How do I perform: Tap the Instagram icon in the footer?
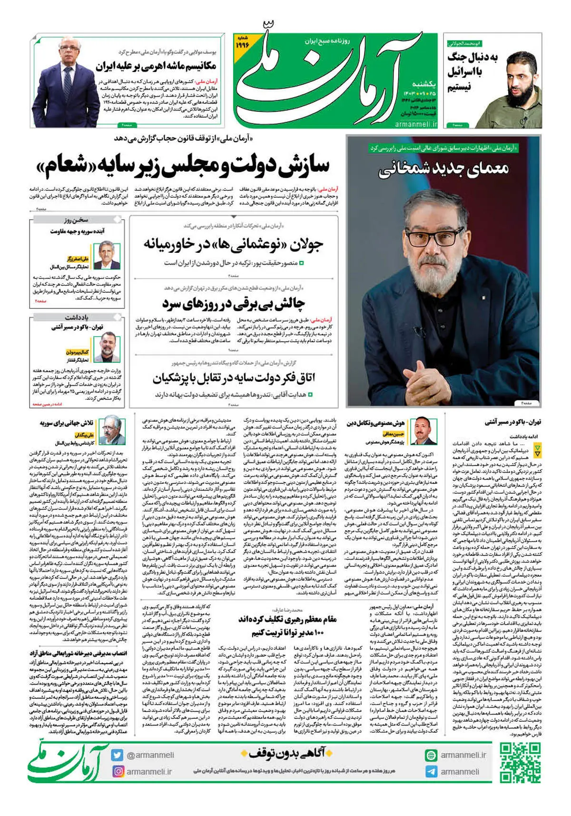[118, 771]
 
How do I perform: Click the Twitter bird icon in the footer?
[118, 755]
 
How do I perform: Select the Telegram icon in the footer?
[431, 771]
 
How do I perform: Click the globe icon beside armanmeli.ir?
[431, 755]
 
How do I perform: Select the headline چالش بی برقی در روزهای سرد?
[234, 303]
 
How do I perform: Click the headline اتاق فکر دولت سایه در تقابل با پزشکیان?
[234, 378]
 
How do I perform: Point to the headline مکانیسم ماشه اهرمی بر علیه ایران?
[156, 66]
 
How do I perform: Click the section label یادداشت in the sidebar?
[77, 317]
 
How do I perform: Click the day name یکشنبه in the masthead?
[423, 83]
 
